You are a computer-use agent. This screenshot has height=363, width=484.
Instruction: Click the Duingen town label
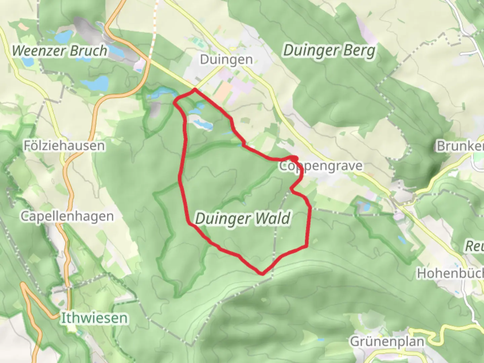pos(226,59)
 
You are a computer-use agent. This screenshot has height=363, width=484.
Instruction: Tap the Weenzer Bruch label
pos(59,51)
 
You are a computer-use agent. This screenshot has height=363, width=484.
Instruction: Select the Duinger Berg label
pos(329,51)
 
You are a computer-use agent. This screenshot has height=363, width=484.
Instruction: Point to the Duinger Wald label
pos(243,218)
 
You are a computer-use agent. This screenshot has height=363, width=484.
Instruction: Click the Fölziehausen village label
pos(64,146)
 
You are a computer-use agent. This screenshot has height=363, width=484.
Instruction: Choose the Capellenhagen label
pos(67,216)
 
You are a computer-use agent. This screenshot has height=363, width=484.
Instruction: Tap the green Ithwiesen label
pos(94,318)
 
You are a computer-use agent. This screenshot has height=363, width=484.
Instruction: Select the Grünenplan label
pos(387,341)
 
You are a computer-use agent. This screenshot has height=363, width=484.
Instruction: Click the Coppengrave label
pos(321,166)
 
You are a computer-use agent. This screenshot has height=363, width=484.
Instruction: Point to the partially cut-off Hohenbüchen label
pos(450,274)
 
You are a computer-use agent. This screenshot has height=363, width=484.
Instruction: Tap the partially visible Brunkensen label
pos(460,146)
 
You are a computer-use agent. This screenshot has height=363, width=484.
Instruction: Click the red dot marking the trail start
pos(294,158)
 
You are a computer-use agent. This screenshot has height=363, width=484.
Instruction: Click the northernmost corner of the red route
pos(195,89)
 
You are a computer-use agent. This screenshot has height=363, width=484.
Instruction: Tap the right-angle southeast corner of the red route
pos(307,247)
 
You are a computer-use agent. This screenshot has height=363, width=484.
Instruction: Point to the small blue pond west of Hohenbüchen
pos(401,239)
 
